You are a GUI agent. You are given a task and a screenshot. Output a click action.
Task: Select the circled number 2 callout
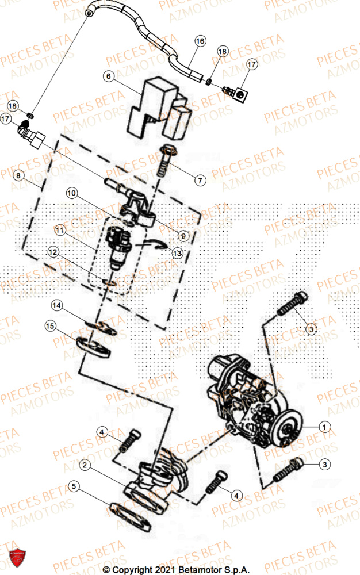(85, 464)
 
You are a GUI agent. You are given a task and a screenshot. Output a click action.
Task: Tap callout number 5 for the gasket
(73, 486)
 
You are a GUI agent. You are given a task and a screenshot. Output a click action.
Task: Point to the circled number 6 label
(109, 75)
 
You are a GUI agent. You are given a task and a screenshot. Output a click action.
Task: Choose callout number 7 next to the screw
(200, 181)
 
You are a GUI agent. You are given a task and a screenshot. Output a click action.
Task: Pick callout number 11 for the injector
(59, 231)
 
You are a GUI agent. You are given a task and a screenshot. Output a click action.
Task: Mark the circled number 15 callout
(51, 327)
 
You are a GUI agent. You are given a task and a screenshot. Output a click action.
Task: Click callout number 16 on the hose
(200, 41)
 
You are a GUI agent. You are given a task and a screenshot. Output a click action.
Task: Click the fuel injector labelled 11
(118, 247)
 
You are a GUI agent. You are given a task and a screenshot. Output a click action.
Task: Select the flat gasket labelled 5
(129, 508)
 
